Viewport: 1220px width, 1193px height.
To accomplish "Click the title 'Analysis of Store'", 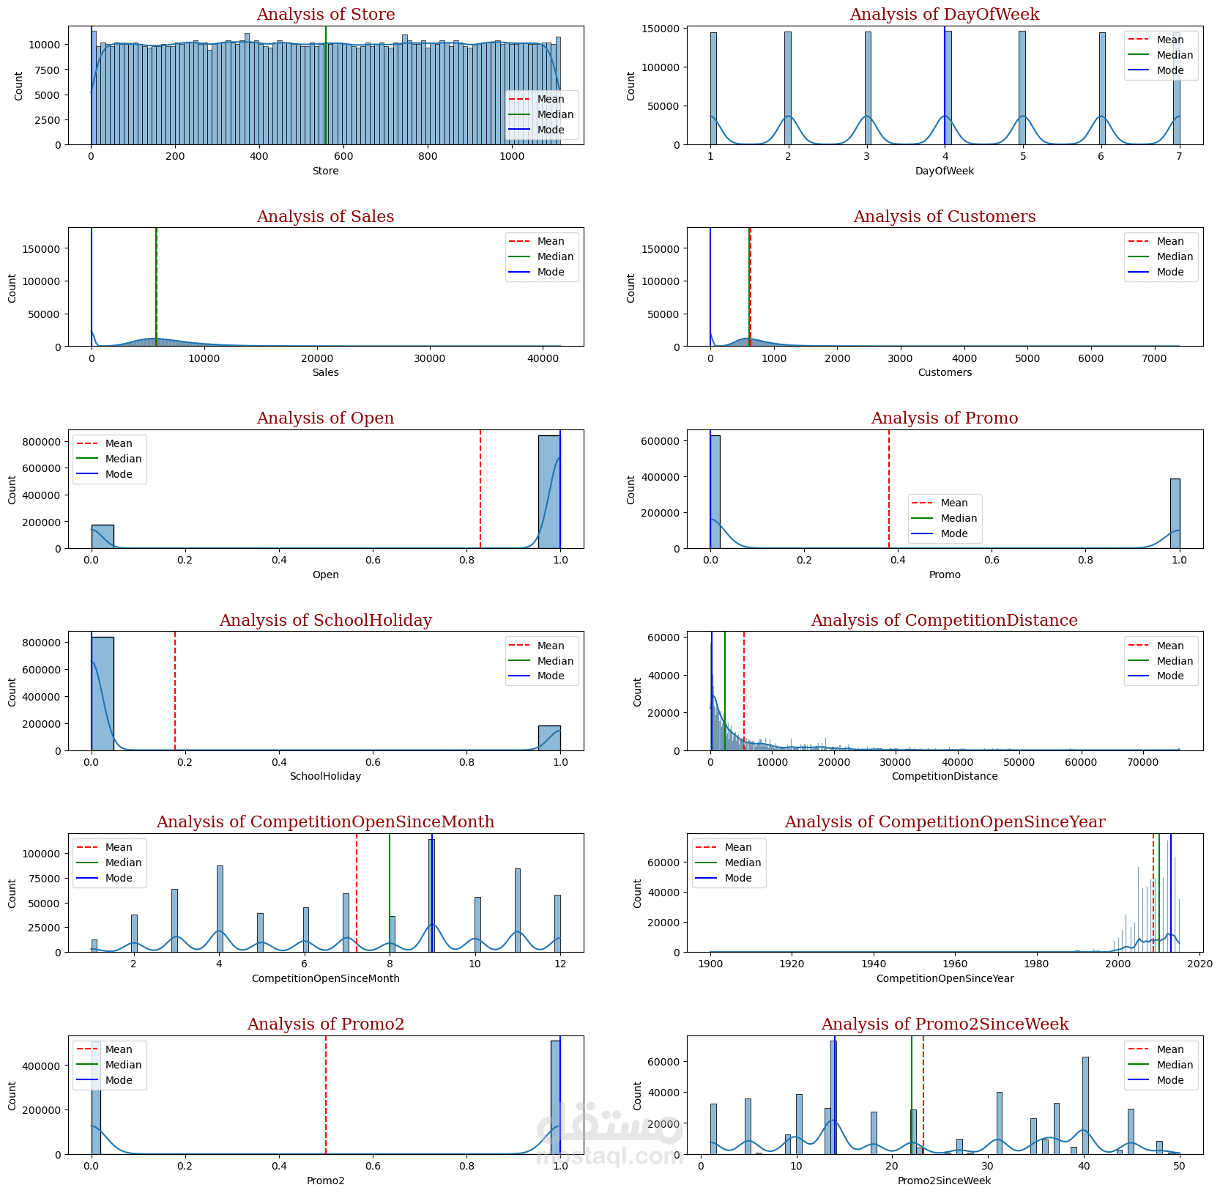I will [325, 15].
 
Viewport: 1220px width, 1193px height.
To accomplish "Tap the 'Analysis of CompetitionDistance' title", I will [944, 621].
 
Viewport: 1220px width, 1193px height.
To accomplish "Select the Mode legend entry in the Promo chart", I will [953, 533].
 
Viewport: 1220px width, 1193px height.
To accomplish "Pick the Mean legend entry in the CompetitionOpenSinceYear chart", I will [738, 847].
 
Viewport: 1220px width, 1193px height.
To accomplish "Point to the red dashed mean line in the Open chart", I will [480, 491].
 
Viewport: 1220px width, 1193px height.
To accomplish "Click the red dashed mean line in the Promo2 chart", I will [326, 1099].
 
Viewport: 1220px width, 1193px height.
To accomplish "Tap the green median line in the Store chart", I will [326, 88].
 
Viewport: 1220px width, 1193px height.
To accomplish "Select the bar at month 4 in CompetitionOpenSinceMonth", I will [220, 909].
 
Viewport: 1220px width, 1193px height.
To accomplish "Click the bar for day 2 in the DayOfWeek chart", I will [788, 88].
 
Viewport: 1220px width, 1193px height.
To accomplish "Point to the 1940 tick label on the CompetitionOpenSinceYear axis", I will [873, 964].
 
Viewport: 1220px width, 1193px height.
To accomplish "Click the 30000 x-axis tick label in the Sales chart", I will [429, 358].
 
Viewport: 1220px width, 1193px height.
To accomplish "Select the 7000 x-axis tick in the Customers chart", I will [1154, 358].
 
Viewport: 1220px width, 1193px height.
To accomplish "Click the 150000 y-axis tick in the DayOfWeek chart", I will [661, 29].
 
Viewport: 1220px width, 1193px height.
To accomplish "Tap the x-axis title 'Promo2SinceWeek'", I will [944, 1181].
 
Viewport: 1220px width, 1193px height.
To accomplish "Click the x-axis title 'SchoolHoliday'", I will [325, 776].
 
